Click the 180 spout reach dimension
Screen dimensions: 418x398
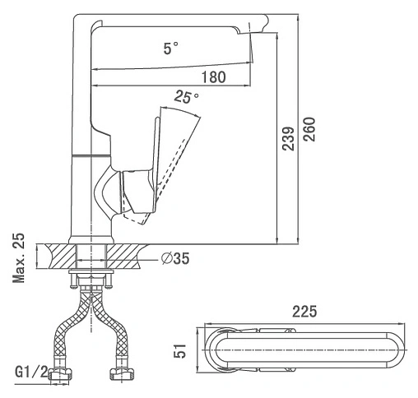coord(214,77)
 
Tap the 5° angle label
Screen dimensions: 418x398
coord(170,49)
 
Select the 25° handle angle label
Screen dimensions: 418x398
coord(186,97)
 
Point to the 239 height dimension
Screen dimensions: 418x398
coord(288,138)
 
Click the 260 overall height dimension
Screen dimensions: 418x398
coord(309,129)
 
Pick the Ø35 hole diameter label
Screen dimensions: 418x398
coord(175,258)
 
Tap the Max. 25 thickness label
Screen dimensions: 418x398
coord(19,258)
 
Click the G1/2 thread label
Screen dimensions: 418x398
coord(31,372)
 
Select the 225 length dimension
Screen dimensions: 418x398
coord(304,312)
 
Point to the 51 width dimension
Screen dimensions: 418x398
coord(180,350)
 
